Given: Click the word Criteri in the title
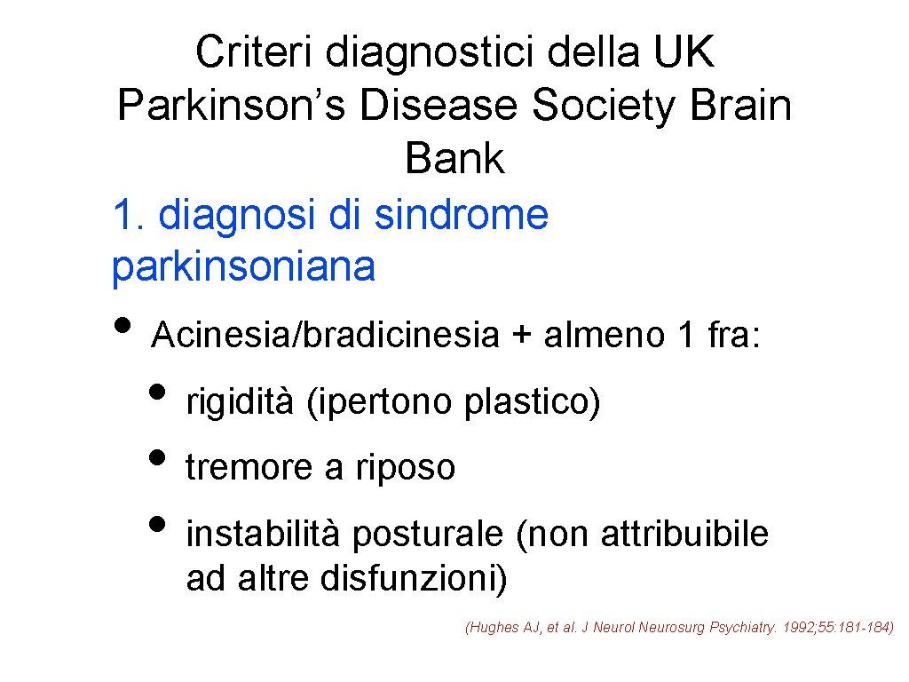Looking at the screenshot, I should (x=255, y=52).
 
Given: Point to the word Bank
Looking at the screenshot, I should (x=454, y=160).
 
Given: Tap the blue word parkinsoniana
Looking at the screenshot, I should (x=243, y=266).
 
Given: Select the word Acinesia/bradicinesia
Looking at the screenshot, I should (x=326, y=336).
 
